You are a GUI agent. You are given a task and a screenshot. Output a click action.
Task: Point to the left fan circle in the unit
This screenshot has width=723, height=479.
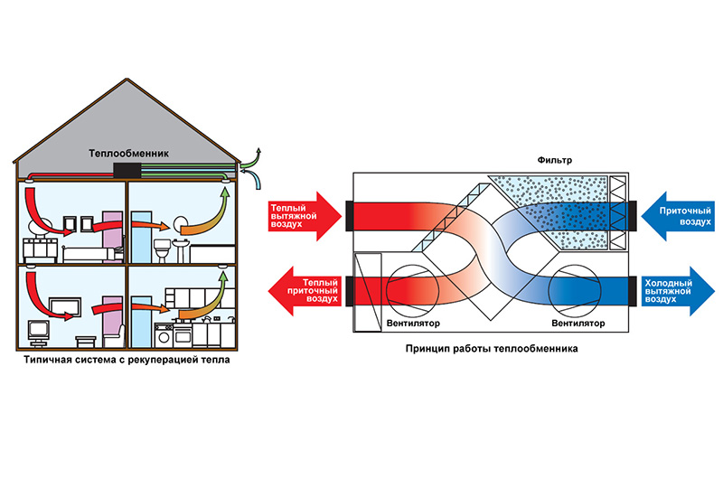[412, 289]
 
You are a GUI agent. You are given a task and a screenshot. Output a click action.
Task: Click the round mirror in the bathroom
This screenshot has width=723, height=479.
[177, 223]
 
